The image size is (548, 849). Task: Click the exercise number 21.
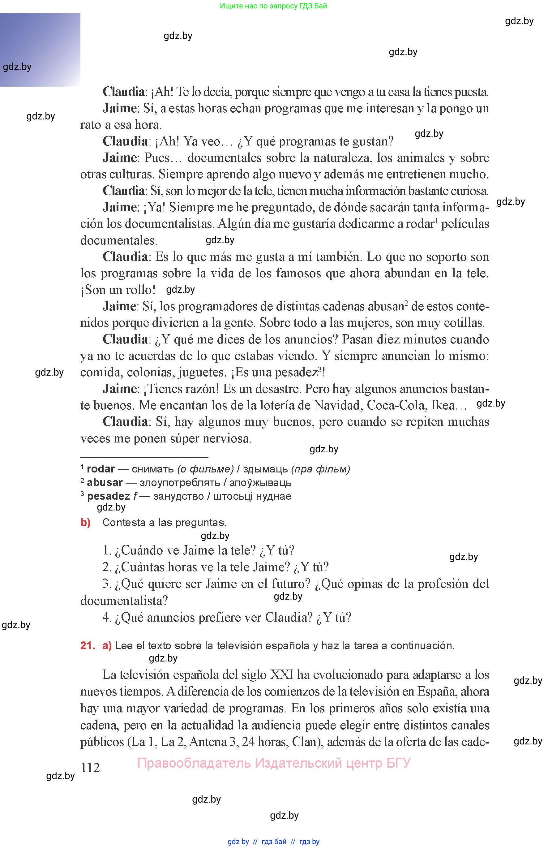[87, 645]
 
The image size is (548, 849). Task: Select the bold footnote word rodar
[101, 469]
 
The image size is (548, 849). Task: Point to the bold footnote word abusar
[104, 482]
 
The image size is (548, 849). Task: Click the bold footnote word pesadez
[108, 496]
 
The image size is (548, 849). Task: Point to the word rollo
[139, 290]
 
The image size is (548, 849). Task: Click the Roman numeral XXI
[282, 674]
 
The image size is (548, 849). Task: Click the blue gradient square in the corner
[40, 50]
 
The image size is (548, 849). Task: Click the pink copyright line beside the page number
[274, 763]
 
